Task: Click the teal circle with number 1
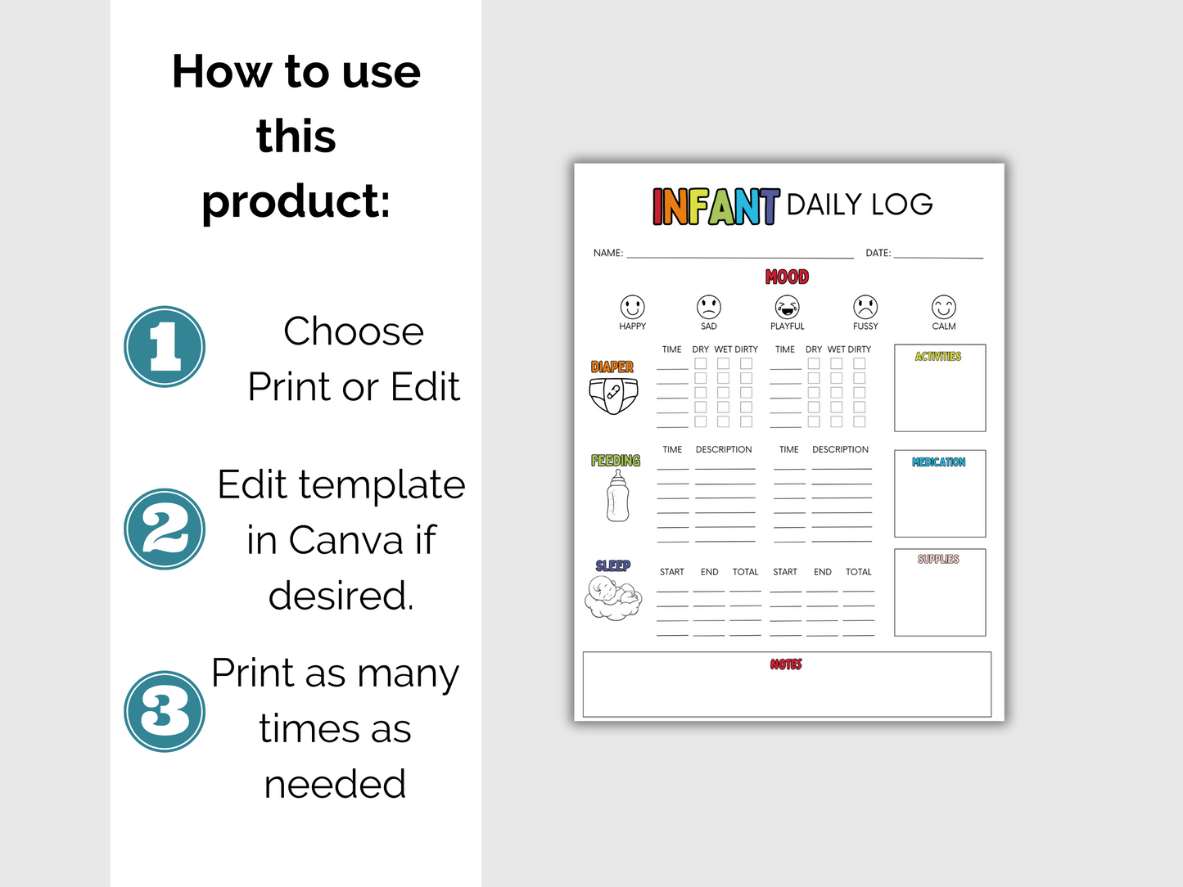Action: (x=165, y=346)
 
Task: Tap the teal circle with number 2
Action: (x=165, y=529)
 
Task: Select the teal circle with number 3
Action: (x=165, y=711)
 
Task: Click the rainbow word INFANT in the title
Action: (x=716, y=206)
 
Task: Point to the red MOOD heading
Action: (x=787, y=277)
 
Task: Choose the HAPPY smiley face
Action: (x=632, y=307)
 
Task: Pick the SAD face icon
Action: (x=708, y=307)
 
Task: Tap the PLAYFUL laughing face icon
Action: (x=787, y=307)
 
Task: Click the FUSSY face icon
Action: (x=865, y=307)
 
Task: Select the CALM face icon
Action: (x=943, y=307)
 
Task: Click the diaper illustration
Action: (x=613, y=396)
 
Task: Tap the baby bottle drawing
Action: (x=618, y=497)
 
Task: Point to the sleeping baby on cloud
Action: (x=613, y=598)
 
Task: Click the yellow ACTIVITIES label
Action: (x=938, y=357)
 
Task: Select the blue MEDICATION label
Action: (x=938, y=462)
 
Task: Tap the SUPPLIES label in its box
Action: (x=938, y=560)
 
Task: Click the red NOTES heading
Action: (x=786, y=664)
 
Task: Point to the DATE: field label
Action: (x=878, y=254)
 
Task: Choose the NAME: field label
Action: (x=608, y=254)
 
